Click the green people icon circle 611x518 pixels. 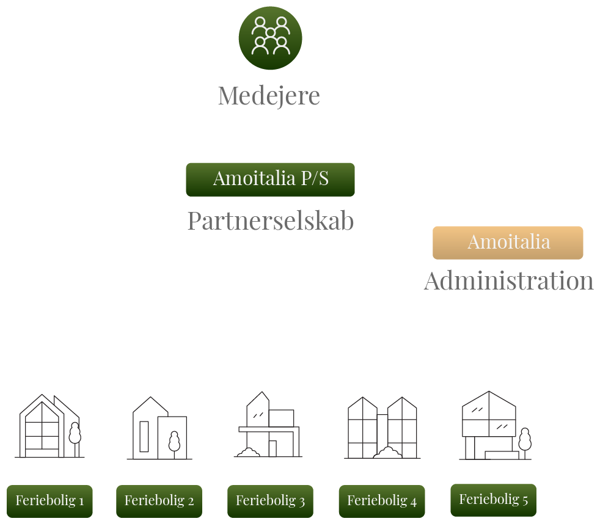(270, 38)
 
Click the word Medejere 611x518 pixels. (269, 96)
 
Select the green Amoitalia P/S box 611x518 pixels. (270, 179)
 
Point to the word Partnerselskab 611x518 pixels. (270, 221)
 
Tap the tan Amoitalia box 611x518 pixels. (508, 243)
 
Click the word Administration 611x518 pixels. (508, 281)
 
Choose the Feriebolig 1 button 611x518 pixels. (49, 501)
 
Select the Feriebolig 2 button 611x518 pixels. (159, 501)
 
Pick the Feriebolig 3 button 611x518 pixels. (270, 501)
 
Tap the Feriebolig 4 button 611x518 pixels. (381, 501)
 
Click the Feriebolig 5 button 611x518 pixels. (493, 500)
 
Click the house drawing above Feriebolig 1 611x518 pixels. (43, 426)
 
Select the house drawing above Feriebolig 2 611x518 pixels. (159, 429)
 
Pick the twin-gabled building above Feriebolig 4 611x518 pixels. (382, 428)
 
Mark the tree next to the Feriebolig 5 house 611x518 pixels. (524, 439)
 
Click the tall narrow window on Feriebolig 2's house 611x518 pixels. (144, 436)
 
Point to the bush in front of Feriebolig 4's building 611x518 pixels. (387, 453)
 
